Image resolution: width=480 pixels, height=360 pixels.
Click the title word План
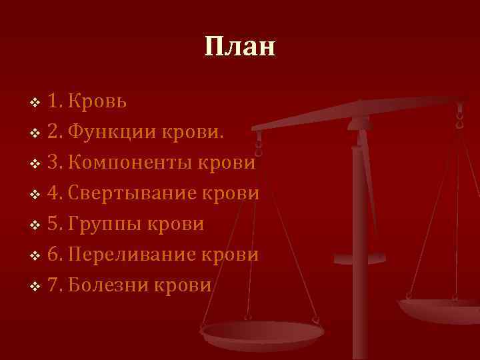pos(239,47)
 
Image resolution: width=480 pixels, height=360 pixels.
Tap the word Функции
pos(112,132)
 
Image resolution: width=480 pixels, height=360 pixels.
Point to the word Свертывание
pos(138,193)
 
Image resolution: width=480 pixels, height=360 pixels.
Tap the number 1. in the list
pos(55,101)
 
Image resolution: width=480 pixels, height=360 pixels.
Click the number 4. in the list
pos(55,193)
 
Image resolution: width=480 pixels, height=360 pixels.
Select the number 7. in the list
pos(55,285)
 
